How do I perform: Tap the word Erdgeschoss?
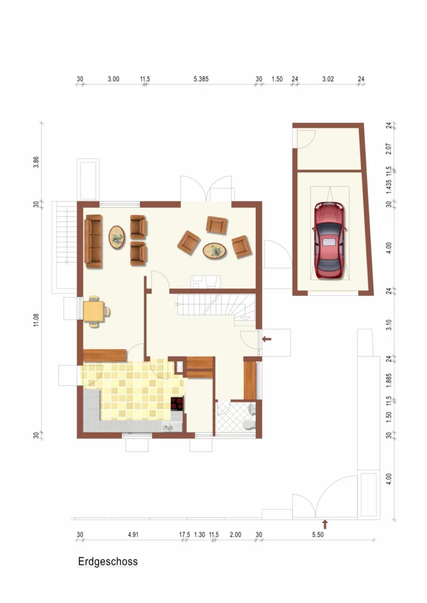coord(108,561)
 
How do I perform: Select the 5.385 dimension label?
coord(201,79)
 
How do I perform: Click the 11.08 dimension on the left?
coord(36,320)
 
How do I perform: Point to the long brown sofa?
coord(93,241)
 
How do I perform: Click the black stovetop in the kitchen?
coord(177,404)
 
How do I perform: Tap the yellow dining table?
coord(93,311)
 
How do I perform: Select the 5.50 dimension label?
coord(317,535)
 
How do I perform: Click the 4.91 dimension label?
coord(133,535)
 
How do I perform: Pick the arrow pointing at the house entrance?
coord(267,339)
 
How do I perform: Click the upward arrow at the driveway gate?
coord(325,524)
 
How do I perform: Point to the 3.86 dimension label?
coord(36,162)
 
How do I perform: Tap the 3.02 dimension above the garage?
coord(328,79)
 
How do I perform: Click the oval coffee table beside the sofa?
coord(117,237)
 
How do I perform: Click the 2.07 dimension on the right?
coord(389,149)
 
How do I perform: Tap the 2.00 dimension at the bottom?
coord(235,535)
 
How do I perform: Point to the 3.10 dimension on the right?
coord(389,325)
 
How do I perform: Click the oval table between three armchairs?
coord(215,251)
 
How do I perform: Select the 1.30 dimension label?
coord(200,535)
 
